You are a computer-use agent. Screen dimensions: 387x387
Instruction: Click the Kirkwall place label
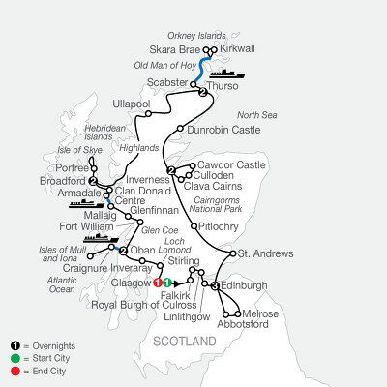pos(241,45)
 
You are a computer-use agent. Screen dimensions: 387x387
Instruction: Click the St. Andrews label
pos(265,254)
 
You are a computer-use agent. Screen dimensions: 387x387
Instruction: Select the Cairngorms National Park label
pos(249,201)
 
